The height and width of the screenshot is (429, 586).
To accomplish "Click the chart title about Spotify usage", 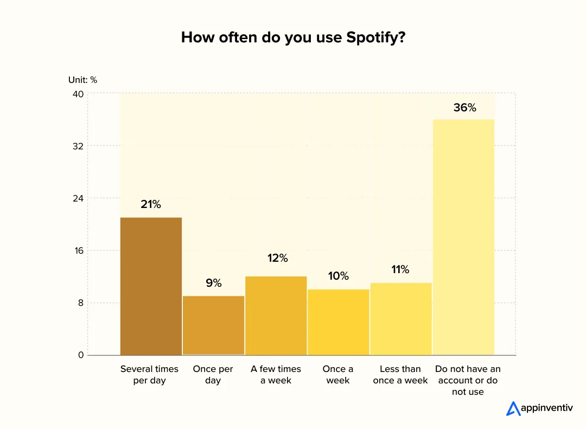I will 293,37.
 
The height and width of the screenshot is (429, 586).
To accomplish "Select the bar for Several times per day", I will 151,286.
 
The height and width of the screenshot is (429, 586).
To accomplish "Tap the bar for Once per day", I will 213,325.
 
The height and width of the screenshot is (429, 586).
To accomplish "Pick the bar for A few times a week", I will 276,316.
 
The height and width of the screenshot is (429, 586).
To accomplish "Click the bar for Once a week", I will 338,322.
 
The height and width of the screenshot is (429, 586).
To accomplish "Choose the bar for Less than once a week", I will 400,319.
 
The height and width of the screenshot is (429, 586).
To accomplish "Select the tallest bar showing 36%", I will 464,237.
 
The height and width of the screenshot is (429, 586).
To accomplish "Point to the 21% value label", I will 151,205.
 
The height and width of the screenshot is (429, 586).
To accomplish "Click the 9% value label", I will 213,283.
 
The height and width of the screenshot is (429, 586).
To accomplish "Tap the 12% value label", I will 277,258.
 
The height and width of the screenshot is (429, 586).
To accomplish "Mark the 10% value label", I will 338,276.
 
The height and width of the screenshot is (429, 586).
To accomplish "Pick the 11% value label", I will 400,269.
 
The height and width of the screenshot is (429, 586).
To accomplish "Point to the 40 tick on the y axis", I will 78,94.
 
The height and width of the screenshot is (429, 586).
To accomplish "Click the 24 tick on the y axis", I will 78,198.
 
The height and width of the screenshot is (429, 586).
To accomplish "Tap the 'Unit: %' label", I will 82,80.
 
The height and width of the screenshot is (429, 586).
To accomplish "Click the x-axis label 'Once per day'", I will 213,375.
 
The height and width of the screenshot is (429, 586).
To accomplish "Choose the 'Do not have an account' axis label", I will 468,380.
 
